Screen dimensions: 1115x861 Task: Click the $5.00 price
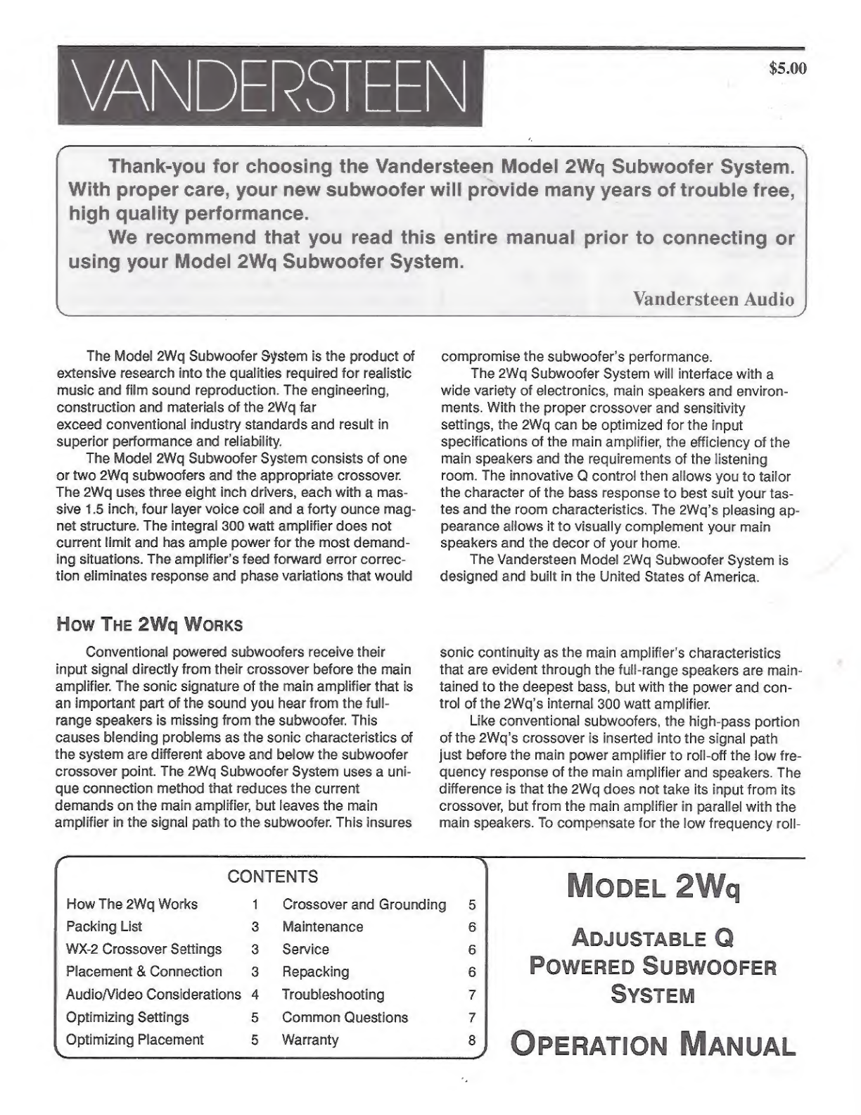788,69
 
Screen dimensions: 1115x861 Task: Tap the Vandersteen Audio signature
713,298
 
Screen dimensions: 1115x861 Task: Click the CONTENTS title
272,876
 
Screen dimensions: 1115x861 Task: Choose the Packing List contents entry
104,926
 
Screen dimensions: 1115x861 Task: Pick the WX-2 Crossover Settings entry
143,949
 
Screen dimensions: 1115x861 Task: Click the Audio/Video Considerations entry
153,995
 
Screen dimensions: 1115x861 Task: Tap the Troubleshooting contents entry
333,995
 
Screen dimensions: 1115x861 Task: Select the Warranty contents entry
310,1040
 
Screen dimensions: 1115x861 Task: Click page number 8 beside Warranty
472,1040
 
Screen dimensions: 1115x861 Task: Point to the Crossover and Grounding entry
364,904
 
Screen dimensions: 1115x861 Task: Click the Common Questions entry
345,1017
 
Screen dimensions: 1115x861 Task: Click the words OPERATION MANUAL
653,1044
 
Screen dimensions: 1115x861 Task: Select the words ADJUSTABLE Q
653,938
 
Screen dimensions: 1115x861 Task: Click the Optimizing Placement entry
134,1040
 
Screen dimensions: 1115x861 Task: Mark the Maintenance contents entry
322,926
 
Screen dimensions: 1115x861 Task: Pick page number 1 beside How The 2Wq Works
256,905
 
